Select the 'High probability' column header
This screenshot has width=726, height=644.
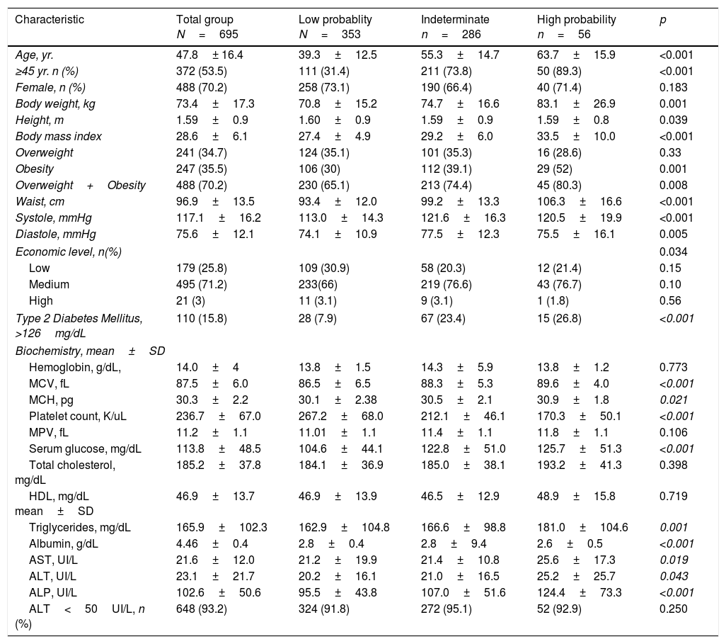coord(577,20)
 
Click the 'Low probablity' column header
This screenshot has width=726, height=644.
coord(335,20)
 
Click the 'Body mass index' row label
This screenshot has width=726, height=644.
coord(59,136)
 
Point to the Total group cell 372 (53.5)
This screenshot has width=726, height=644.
coord(202,71)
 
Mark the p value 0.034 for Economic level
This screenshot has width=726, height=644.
coord(673,251)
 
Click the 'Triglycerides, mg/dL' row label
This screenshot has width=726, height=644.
coord(80,529)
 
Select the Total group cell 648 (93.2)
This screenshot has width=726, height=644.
coord(202,609)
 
